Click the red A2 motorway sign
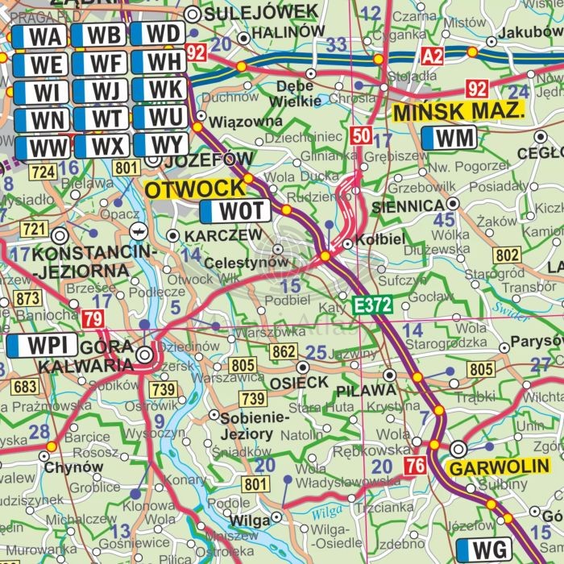(433, 55)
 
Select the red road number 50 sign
(361, 135)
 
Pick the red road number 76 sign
(415, 465)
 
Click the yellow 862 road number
(284, 351)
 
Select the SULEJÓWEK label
(262, 12)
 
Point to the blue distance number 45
(444, 220)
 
